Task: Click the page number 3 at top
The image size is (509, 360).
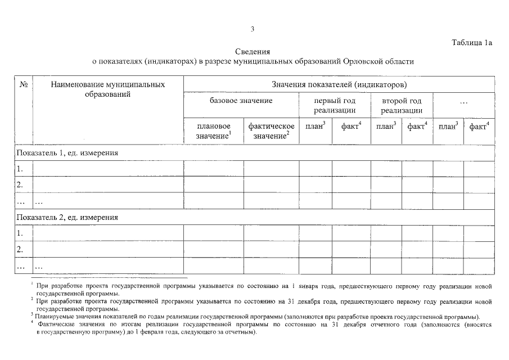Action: click(x=253, y=29)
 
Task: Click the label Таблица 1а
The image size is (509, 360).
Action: click(x=472, y=42)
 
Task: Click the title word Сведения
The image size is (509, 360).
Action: click(x=253, y=52)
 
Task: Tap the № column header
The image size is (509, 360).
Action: click(x=24, y=85)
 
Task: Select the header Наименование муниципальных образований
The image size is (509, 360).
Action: click(x=107, y=89)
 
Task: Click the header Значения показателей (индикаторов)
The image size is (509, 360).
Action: click(x=339, y=85)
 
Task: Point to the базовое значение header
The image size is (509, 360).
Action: click(x=241, y=101)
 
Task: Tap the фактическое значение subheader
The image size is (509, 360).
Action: click(x=271, y=131)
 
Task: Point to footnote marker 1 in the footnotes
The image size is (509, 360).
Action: click(x=33, y=284)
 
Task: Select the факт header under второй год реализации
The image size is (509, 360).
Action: click(x=417, y=127)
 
